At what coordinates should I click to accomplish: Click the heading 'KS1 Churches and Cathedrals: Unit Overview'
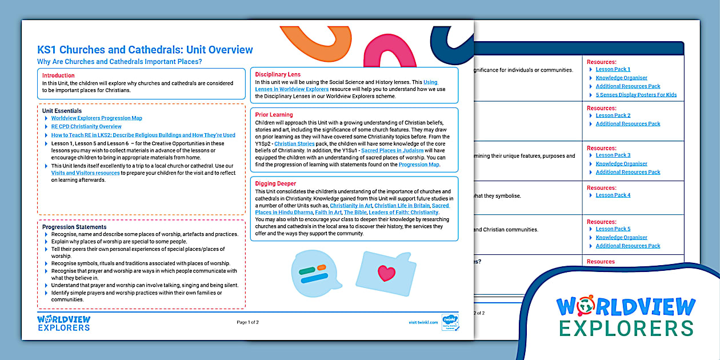(x=145, y=50)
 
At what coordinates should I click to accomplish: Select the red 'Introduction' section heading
(x=58, y=75)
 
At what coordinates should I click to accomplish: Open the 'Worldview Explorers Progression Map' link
(x=97, y=118)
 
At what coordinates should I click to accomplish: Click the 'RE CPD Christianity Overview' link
(x=86, y=126)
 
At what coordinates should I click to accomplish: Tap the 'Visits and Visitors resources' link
(x=86, y=173)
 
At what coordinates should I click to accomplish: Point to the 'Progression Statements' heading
(x=74, y=227)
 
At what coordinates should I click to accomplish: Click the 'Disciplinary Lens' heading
(x=278, y=74)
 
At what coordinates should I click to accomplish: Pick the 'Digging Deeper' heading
(x=275, y=183)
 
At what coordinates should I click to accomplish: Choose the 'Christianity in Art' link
(x=351, y=205)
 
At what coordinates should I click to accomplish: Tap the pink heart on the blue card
(x=386, y=273)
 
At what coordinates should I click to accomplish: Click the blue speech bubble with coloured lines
(x=313, y=274)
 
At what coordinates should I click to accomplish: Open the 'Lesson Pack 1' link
(x=613, y=69)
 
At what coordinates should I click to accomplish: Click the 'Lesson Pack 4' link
(x=613, y=195)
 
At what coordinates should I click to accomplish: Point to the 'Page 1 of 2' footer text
(x=247, y=322)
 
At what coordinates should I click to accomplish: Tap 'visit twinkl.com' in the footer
(x=423, y=322)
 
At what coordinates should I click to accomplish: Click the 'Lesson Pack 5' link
(x=613, y=229)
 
